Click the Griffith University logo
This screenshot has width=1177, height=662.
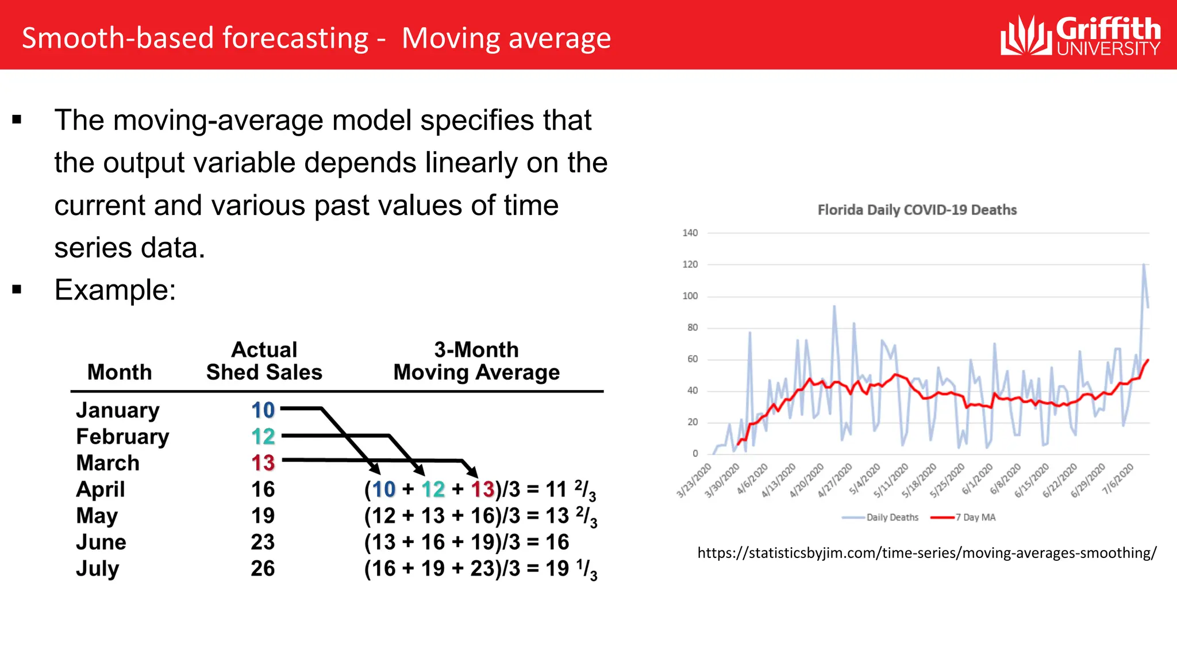1080,36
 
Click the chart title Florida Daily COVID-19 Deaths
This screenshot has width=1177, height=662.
917,210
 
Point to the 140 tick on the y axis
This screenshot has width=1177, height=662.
690,233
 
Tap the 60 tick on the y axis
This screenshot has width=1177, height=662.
692,359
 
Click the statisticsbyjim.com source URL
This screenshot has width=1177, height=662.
926,553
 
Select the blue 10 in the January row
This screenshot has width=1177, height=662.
263,410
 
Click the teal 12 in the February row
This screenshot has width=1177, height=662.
263,437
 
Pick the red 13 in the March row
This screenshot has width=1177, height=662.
263,463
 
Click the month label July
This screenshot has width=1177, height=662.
98,568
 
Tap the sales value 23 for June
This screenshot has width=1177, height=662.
263,542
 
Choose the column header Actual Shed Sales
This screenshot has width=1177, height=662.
264,361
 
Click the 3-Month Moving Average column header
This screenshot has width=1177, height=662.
476,361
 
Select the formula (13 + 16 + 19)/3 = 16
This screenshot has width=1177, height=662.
466,542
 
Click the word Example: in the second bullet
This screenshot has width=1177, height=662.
115,290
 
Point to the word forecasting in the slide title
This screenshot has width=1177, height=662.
295,38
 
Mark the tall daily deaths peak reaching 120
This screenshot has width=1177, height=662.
1144,265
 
